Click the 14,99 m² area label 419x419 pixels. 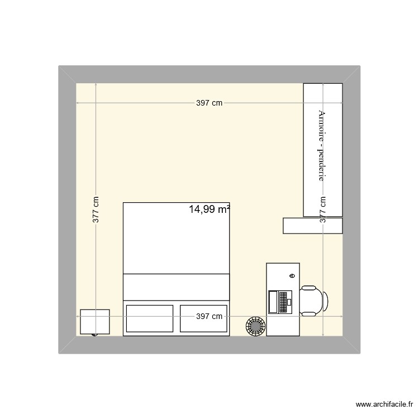pos(209,209)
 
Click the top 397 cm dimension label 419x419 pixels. pos(209,103)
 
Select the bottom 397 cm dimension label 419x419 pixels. pos(209,316)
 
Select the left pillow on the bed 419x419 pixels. pos(150,318)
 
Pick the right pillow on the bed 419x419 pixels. pos(203,318)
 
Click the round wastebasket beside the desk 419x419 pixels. pos(255,325)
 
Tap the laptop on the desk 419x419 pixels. pos(279,302)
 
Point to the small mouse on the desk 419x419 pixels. pos(292,276)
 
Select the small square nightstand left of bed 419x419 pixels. pos(94,322)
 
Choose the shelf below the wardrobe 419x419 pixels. pos(312,226)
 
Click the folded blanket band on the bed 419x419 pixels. pos(177,288)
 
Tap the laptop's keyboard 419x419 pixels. pos(283,302)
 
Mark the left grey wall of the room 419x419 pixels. pos(67,210)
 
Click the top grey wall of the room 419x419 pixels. pos(209,74)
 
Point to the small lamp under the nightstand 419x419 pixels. pos(94,334)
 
